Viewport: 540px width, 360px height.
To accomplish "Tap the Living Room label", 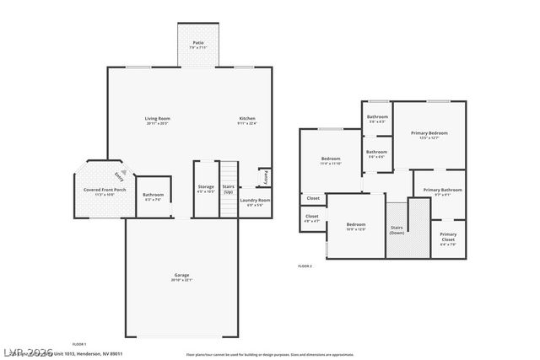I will [157, 118].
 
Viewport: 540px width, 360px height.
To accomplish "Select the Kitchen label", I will [247, 118].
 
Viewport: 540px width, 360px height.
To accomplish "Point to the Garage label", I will [181, 276].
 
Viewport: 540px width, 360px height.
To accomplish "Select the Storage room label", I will [206, 185].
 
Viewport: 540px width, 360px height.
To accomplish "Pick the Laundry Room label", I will [254, 200].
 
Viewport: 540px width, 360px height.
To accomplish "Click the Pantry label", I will [265, 177].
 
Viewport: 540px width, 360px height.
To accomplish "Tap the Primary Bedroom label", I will [429, 132].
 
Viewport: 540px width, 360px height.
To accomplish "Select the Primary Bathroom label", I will [442, 190].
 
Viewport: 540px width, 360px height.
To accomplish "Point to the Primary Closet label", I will [448, 237].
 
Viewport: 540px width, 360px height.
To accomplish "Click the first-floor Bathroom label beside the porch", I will [153, 196].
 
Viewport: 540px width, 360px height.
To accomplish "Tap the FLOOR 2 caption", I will [305, 266].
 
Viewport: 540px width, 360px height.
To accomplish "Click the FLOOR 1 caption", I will [79, 344].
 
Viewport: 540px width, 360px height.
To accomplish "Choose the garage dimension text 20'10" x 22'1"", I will [181, 280].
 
